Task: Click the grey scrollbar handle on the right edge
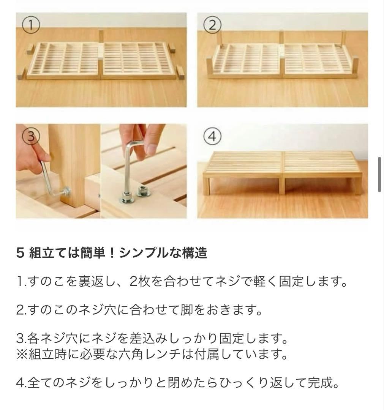pyautogui.click(x=379, y=175)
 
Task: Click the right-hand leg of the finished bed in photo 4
pyautogui.click(x=357, y=186)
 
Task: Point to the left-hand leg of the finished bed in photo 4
pyautogui.click(x=206, y=186)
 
